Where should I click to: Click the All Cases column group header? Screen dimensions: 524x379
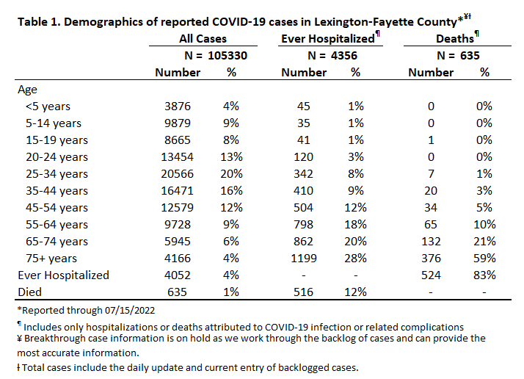coord(203,38)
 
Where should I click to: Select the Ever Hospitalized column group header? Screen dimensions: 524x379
coord(328,38)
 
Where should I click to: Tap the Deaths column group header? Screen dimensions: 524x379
coord(455,38)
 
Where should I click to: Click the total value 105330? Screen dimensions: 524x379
coord(228,56)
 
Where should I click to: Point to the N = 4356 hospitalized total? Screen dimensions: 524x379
coord(332,56)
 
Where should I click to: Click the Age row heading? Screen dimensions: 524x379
coord(27,90)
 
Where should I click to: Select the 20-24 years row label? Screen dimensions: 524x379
coord(57,157)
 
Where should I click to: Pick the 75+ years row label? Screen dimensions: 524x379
coord(51,259)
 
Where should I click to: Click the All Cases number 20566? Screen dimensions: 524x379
coord(178,174)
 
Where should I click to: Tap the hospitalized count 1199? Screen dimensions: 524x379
coord(303,259)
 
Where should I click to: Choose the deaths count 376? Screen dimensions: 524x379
coord(431,259)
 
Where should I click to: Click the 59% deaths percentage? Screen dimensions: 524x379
coord(484,259)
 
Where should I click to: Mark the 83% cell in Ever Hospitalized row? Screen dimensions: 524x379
coord(484,275)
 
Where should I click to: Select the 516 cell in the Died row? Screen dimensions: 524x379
coord(303,292)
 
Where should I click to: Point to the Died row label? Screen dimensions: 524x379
coord(30,292)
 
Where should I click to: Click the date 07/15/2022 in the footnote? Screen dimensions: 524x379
coord(130,311)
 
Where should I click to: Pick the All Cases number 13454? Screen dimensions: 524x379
coord(178,157)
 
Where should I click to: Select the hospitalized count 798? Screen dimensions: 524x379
coord(303,225)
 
